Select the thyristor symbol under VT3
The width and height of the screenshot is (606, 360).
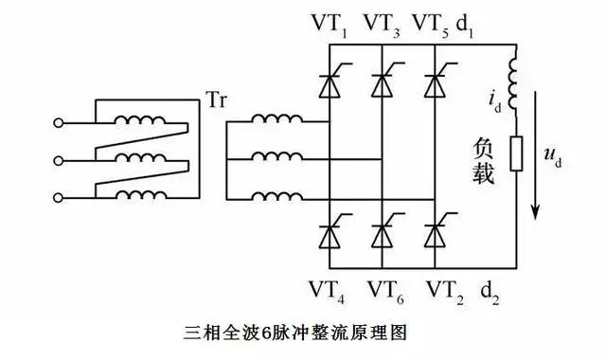click(x=381, y=84)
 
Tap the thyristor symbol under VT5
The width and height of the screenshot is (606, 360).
click(x=435, y=84)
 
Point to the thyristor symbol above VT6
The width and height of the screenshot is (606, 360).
click(x=381, y=231)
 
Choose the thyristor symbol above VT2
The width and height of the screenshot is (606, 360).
click(x=435, y=231)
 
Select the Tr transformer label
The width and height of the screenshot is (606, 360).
click(x=216, y=99)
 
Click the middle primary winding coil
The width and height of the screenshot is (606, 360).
click(x=138, y=158)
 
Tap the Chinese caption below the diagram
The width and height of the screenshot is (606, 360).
click(x=299, y=333)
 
